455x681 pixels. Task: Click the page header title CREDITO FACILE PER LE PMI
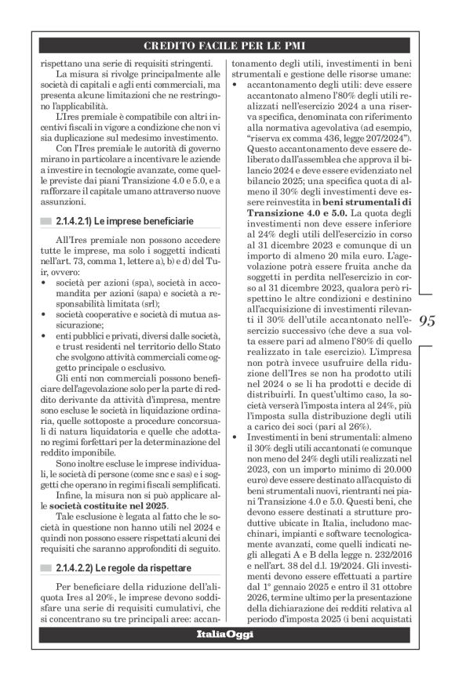[227, 45]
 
